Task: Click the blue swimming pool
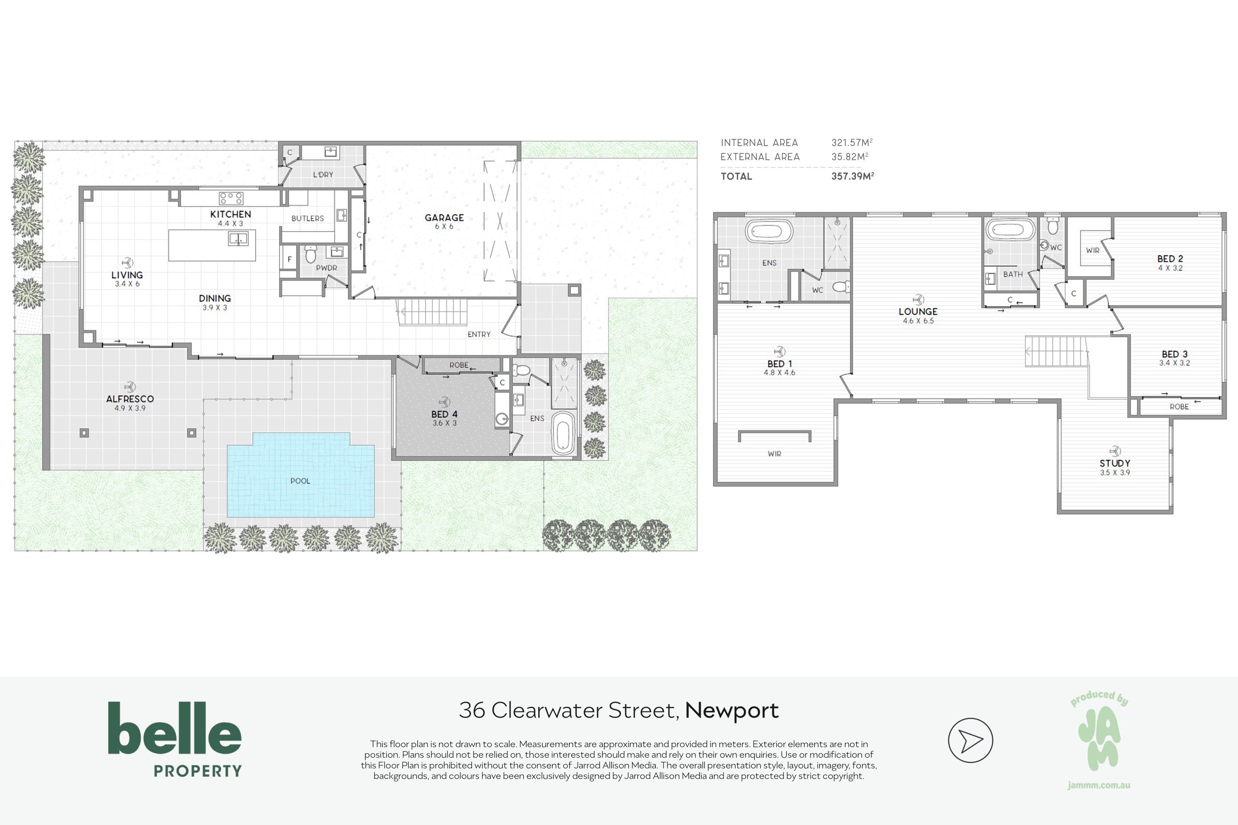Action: click(300, 474)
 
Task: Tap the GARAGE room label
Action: click(444, 217)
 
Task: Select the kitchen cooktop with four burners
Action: click(231, 198)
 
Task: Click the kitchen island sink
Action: click(238, 239)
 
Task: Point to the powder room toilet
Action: click(310, 255)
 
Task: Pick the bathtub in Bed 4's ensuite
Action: click(562, 432)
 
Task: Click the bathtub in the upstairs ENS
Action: click(769, 232)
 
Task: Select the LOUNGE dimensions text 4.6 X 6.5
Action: click(918, 321)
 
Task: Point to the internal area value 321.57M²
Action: click(852, 143)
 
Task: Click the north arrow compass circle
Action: click(970, 740)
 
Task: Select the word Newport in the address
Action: click(732, 711)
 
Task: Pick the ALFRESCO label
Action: click(130, 399)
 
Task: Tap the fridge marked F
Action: click(289, 259)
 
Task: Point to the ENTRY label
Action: click(479, 334)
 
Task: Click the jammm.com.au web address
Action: click(1099, 785)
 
